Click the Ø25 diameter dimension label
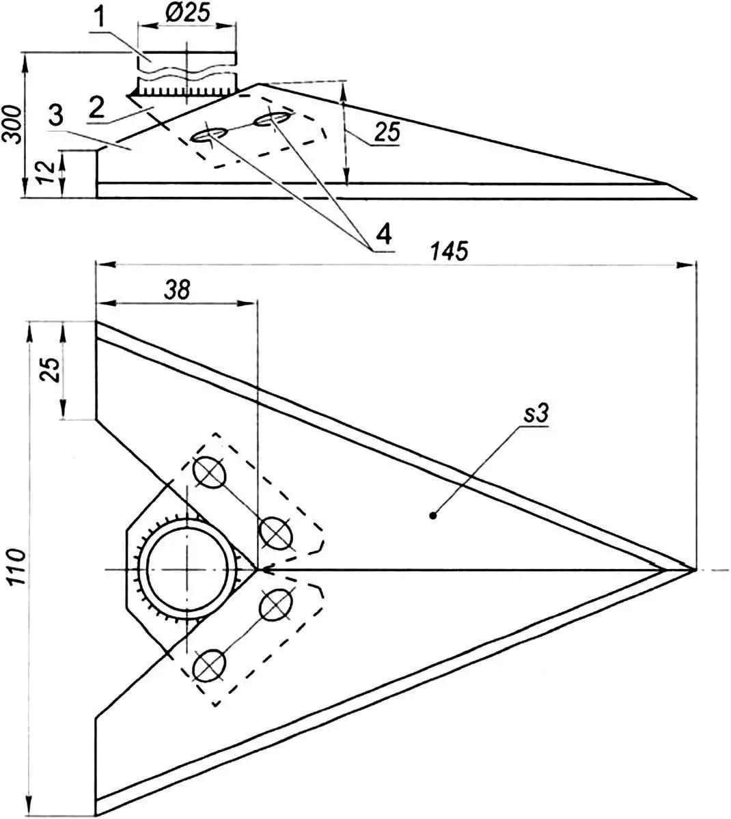pos(187,12)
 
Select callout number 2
pos(96,108)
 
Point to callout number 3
pos(56,115)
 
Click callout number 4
pos(383,234)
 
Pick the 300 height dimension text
pos(12,124)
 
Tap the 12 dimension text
pos(46,171)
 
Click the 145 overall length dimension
pos(449,251)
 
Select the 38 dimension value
pos(177,290)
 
